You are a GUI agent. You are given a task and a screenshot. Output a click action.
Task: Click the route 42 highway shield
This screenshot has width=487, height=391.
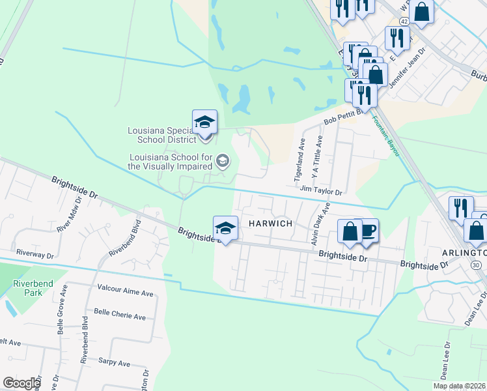pos(404,22)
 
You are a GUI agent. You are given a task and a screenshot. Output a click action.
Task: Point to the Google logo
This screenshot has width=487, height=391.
pos(21,383)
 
